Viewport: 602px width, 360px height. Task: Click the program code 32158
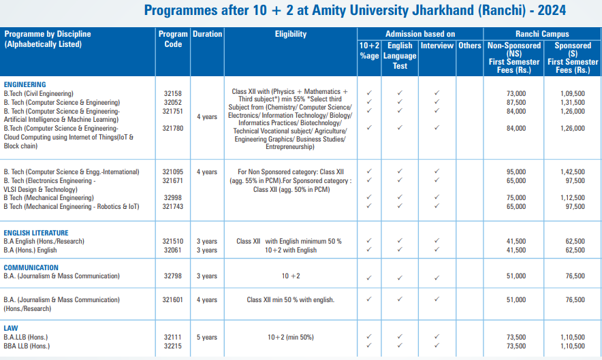(x=173, y=94)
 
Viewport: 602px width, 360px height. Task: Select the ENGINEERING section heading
(x=25, y=85)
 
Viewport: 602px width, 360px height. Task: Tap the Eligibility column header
(x=291, y=35)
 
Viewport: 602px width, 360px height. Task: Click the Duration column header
(x=207, y=35)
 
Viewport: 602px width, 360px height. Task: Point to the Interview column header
(x=437, y=46)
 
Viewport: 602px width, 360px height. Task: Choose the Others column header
(x=469, y=46)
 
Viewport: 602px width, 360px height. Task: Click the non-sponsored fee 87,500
(x=516, y=103)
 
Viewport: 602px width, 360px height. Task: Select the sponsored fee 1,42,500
(x=570, y=172)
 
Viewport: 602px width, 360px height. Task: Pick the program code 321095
(x=173, y=172)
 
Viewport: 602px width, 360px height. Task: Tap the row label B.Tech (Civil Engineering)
(x=39, y=94)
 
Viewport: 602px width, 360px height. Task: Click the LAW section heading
(x=12, y=328)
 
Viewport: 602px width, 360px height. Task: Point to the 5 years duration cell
(x=207, y=337)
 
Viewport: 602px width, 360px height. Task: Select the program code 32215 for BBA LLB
(x=173, y=346)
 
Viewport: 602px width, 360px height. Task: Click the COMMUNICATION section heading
(x=31, y=267)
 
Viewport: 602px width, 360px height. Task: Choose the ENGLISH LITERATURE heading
(x=36, y=233)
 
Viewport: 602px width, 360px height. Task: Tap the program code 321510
(x=173, y=242)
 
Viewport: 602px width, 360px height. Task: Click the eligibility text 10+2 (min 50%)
(x=291, y=337)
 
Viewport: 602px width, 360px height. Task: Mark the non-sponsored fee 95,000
(x=516, y=172)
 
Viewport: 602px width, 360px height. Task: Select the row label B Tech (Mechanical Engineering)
(x=49, y=198)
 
